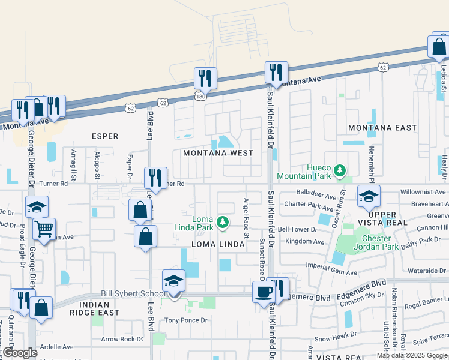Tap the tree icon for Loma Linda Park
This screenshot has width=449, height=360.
223,223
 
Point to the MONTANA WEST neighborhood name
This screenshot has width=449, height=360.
218,153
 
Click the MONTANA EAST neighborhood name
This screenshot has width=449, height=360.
382,128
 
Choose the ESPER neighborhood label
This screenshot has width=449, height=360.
104,136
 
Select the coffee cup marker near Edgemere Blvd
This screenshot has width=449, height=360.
264,292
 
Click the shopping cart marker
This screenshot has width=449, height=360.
44,229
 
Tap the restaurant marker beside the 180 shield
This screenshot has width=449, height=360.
205,78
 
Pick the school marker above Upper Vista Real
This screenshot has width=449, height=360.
369,196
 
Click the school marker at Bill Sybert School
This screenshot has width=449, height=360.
174,281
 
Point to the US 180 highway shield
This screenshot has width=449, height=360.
200,96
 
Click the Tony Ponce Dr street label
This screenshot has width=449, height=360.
187,320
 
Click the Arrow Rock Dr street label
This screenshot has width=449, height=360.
122,339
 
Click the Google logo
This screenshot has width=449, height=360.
20,353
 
